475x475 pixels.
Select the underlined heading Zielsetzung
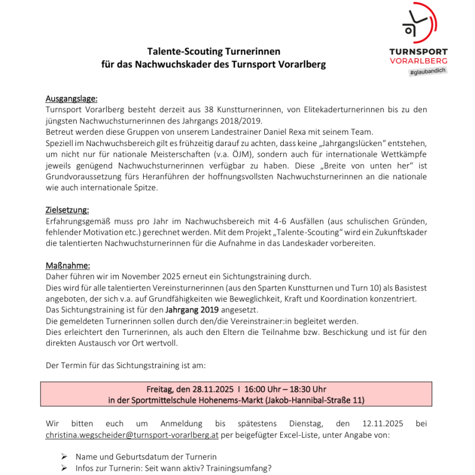tap(67, 210)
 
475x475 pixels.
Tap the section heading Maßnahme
tap(67, 265)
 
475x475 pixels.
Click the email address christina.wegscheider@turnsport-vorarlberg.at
tap(132, 435)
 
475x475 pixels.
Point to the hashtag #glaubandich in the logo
tap(427, 71)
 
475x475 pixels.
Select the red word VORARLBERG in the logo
tap(419, 61)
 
